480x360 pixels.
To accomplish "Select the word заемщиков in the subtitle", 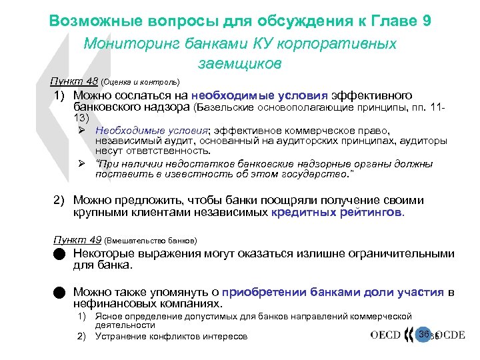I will [240, 64].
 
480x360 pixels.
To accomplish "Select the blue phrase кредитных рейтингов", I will [337, 213].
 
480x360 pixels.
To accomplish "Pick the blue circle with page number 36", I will [423, 334].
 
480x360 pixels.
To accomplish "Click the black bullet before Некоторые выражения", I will [60, 254].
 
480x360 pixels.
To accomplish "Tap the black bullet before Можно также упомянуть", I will [60, 292].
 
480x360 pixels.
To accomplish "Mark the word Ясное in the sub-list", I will [109, 316].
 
